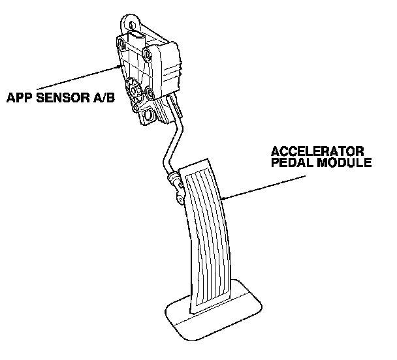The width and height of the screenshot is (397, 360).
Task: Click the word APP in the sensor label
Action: [19, 98]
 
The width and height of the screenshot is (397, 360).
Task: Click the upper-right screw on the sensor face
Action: [151, 53]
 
